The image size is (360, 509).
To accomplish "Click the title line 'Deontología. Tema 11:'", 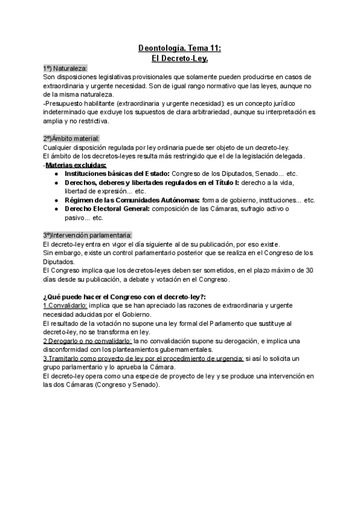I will tap(180, 49).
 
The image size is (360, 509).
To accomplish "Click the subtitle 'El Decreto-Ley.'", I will tap(180, 59).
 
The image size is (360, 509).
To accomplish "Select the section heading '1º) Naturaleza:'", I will tap(65, 68).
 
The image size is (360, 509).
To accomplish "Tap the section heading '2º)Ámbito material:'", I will tap(71, 139).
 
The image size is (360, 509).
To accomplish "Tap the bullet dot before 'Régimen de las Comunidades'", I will tap(56, 200).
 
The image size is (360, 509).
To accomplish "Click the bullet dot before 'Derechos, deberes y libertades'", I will tap(56, 182).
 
